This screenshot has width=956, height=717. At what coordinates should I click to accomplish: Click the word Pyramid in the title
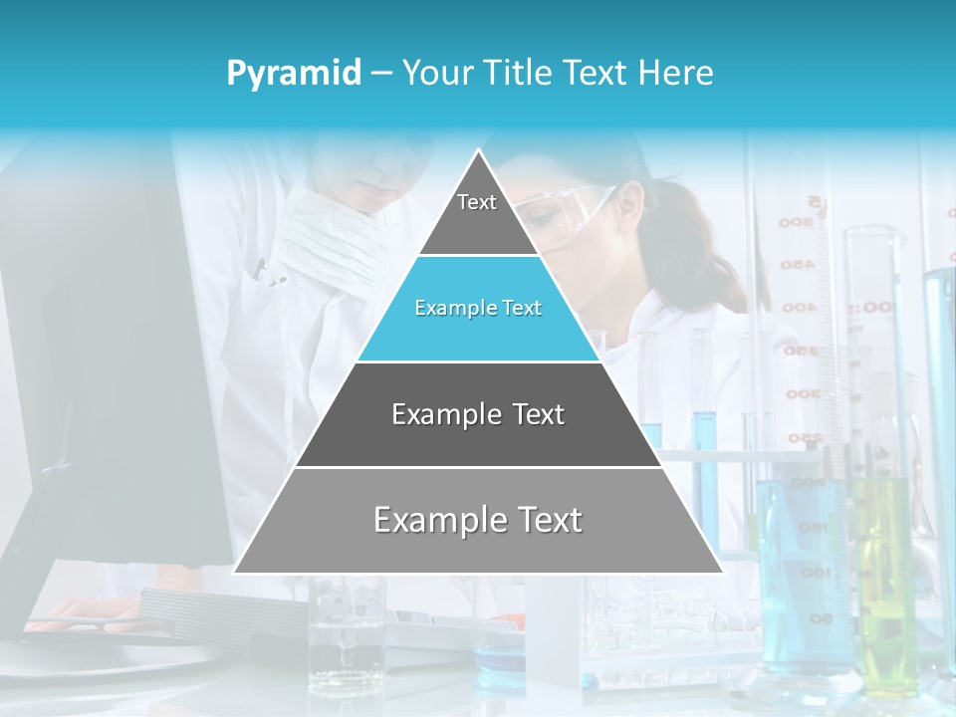click(294, 74)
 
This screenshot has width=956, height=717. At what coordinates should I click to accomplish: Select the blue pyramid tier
click(478, 309)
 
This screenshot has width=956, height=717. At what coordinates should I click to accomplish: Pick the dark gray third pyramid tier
click(478, 414)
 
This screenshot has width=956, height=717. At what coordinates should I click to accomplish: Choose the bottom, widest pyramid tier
click(478, 521)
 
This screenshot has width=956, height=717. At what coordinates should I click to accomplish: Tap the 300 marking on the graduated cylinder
click(802, 393)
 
